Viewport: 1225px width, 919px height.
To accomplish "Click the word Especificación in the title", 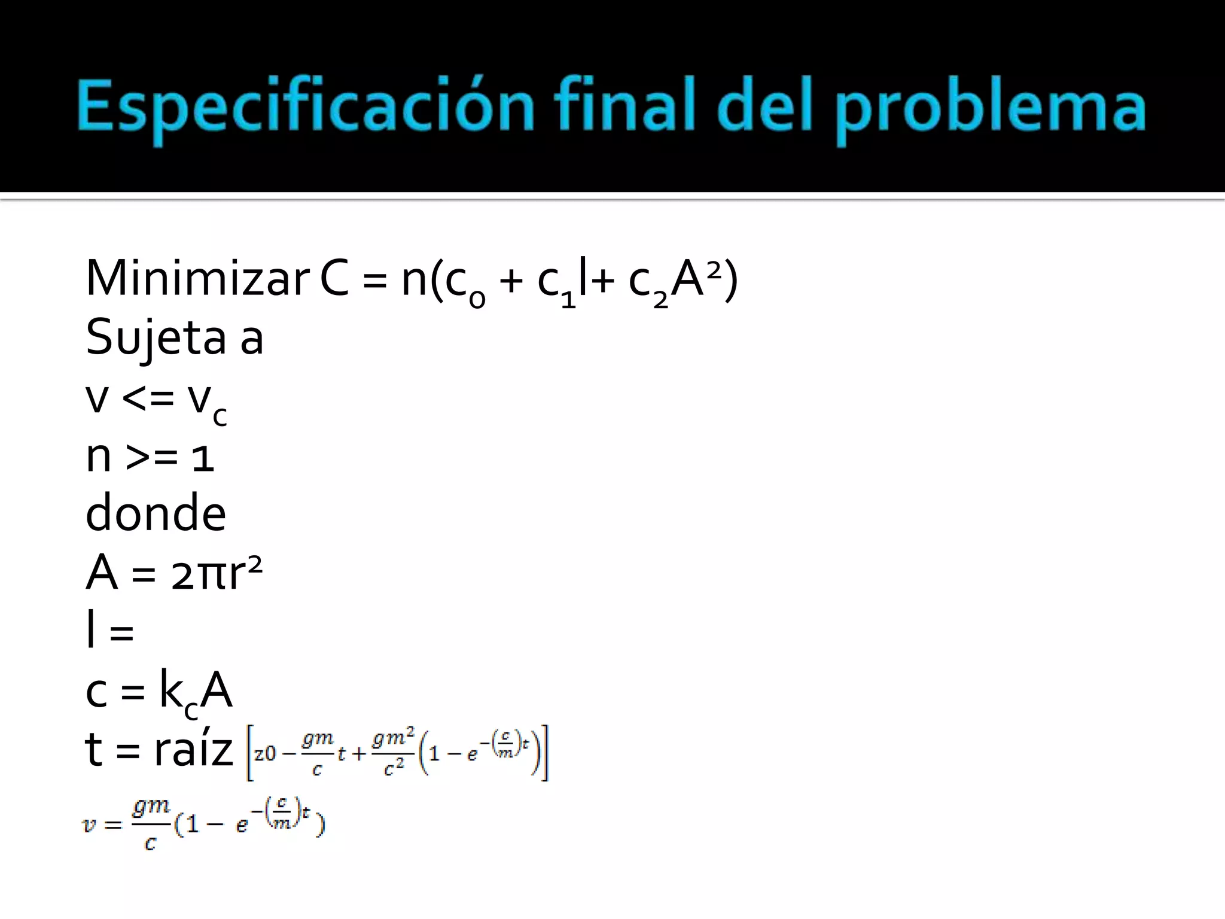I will (305, 108).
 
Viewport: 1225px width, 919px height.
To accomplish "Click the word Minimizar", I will (197, 278).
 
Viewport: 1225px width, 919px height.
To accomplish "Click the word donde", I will (156, 513).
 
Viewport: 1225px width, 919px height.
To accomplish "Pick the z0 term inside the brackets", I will (265, 753).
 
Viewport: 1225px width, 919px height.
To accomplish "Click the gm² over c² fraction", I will (393, 753).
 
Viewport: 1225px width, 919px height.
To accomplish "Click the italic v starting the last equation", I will (89, 825).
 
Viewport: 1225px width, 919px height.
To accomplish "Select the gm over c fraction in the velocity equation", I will (151, 824).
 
